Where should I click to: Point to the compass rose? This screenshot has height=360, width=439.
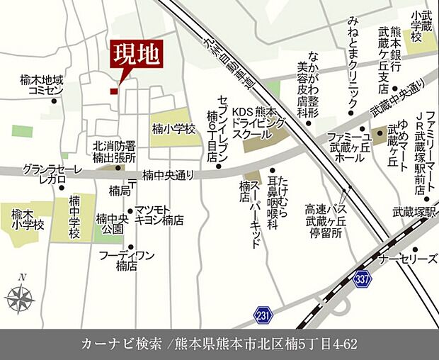21,296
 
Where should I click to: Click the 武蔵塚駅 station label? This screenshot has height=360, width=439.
415,210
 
